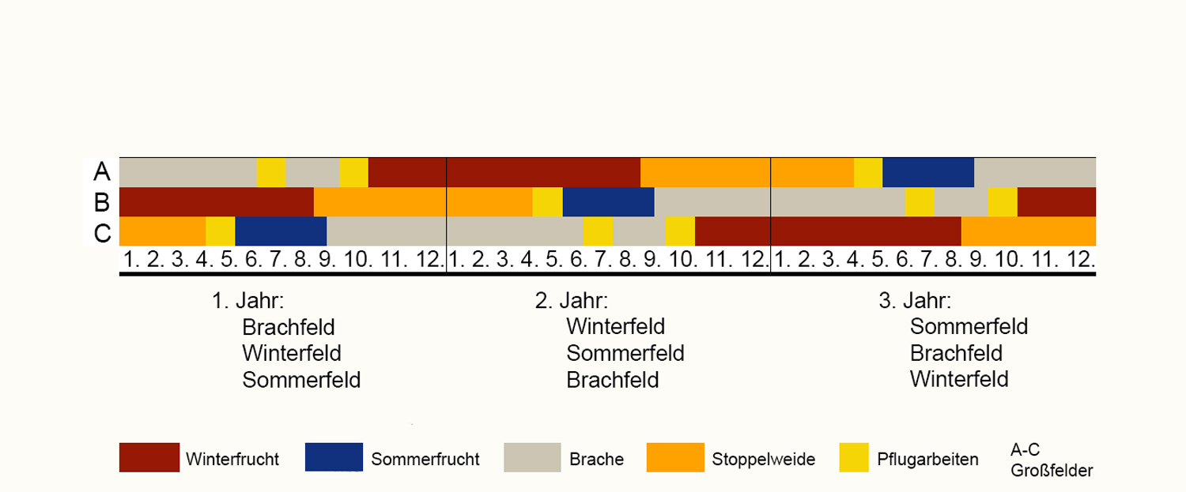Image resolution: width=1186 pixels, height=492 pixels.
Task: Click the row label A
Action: click(101, 171)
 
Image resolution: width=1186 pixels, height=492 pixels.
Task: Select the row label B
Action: click(101, 202)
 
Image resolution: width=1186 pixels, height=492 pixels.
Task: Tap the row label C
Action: click(101, 232)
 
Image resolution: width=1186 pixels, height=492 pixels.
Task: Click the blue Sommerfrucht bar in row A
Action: click(927, 172)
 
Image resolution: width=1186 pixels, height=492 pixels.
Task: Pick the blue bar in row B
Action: click(608, 202)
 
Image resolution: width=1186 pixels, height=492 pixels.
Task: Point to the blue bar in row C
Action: click(281, 231)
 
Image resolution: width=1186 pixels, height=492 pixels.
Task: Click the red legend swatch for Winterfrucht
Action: click(149, 457)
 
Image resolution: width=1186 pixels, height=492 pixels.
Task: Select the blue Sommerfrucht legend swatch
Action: click(334, 457)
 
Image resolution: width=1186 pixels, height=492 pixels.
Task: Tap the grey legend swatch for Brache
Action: click(533, 457)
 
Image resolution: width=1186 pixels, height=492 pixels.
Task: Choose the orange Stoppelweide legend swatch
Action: click(675, 457)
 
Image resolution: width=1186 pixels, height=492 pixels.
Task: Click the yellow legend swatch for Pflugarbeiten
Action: click(846, 457)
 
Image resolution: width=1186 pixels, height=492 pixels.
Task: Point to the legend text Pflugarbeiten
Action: click(927, 459)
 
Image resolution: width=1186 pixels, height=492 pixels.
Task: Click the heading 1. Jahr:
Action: click(247, 301)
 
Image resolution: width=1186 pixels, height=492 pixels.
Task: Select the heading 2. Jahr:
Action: click(572, 301)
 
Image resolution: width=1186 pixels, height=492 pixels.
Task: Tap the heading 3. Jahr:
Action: click(915, 301)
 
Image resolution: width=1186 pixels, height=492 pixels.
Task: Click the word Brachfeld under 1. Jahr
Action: click(289, 327)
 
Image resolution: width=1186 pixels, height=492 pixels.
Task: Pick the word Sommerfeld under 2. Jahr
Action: click(625, 353)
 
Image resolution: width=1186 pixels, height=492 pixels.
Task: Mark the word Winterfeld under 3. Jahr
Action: click(959, 379)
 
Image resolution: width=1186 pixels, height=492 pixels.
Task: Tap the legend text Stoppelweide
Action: click(763, 459)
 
